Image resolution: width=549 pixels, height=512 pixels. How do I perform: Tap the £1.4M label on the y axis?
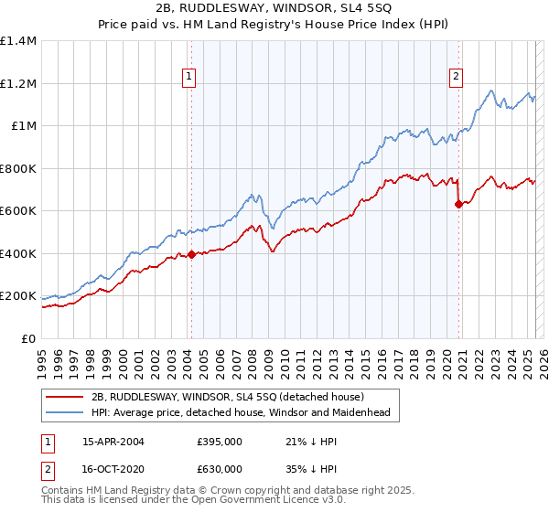(18, 41)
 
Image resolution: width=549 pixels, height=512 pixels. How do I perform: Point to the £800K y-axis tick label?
(17, 168)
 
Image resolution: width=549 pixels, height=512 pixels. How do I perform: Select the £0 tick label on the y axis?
(28, 338)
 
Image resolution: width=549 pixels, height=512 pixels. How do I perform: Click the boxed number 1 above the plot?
(188, 77)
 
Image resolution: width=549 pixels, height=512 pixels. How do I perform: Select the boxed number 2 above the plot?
(455, 77)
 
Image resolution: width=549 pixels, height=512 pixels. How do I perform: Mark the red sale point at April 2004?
(191, 255)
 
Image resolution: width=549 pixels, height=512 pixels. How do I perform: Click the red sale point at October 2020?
(458, 205)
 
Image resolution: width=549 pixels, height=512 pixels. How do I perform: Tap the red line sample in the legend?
(65, 397)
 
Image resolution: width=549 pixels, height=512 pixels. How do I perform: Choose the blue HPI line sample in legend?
(65, 412)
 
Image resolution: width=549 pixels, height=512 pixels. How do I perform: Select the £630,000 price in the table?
(221, 467)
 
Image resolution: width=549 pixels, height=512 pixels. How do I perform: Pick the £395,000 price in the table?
(221, 441)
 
